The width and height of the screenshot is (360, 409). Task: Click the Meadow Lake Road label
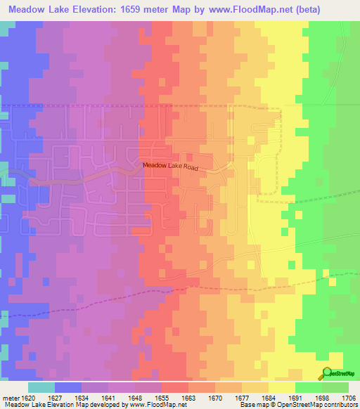pos(171,167)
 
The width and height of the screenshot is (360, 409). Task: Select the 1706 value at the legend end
pos(347,397)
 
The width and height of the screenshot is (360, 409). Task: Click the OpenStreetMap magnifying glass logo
pos(327,373)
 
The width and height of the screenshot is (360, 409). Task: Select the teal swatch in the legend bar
pos(41,387)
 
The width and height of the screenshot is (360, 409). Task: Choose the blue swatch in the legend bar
pos(67,387)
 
